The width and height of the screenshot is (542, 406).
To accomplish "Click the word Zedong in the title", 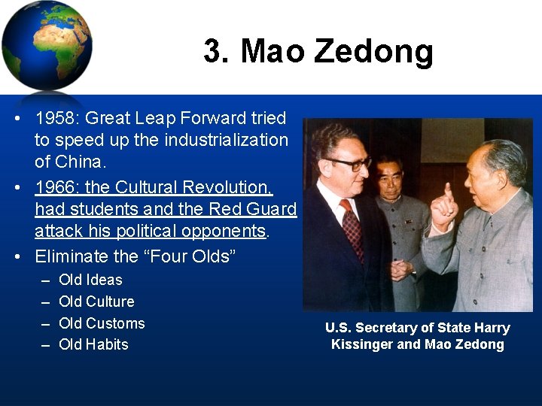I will coord(373,52).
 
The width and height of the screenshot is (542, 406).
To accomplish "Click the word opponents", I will coord(227,231).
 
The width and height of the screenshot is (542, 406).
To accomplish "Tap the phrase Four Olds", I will coord(191,256).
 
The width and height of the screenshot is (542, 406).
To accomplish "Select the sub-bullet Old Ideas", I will coord(90,280).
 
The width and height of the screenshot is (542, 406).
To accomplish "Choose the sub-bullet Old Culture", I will coord(96,301).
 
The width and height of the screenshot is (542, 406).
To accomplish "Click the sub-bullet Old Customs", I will coord(102,323).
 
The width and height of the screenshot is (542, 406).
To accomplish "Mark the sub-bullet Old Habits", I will coord(93,344).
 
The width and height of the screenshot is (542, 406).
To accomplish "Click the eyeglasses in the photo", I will coord(349,162).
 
